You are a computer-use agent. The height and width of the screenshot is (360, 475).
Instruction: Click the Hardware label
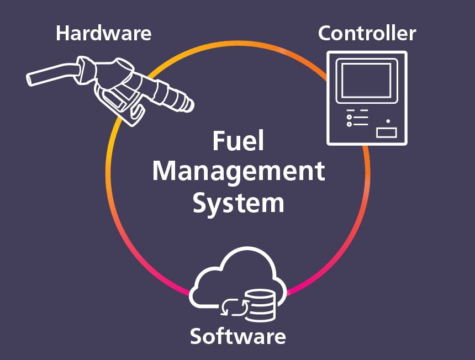click(x=103, y=33)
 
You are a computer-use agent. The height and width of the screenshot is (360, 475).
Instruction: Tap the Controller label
click(x=367, y=33)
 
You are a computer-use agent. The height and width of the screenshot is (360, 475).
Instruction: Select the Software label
click(x=237, y=336)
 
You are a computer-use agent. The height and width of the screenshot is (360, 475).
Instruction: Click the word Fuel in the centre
click(x=238, y=142)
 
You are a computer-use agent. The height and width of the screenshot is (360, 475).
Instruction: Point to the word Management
click(x=238, y=172)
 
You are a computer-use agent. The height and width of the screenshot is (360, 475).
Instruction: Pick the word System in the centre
click(x=238, y=203)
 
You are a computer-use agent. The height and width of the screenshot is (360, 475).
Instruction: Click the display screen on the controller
click(x=366, y=80)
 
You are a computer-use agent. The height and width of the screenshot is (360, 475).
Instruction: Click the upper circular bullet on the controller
click(x=349, y=117)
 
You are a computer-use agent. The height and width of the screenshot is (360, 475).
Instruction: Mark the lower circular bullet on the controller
click(x=349, y=124)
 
